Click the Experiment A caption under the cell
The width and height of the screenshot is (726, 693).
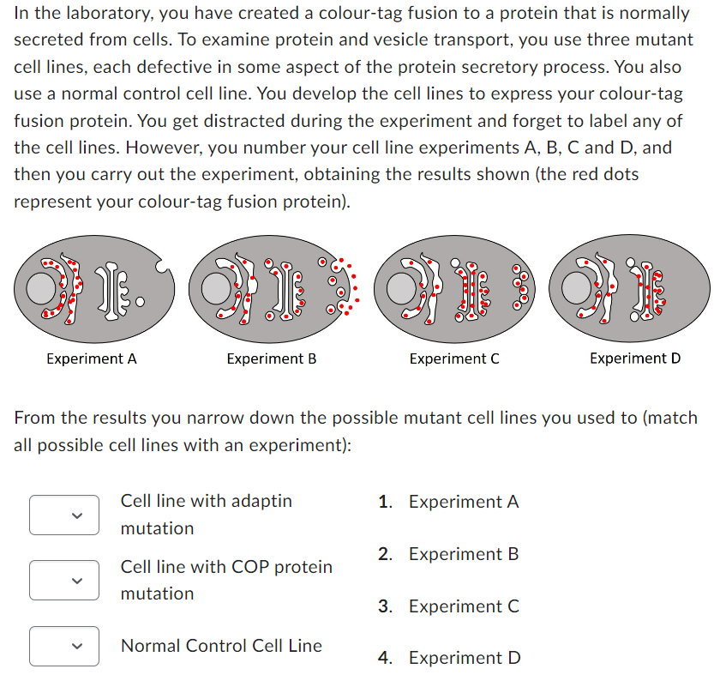[91, 359]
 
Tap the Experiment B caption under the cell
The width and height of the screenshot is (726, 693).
[271, 359]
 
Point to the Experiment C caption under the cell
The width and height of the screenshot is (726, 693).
[453, 359]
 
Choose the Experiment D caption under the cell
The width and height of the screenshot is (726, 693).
[634, 359]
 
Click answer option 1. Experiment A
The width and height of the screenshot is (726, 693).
[449, 502]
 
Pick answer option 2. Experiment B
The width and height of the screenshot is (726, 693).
[449, 554]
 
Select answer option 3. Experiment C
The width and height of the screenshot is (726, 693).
[449, 606]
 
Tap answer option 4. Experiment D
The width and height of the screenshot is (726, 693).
[449, 658]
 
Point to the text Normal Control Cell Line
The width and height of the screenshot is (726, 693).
[221, 646]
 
